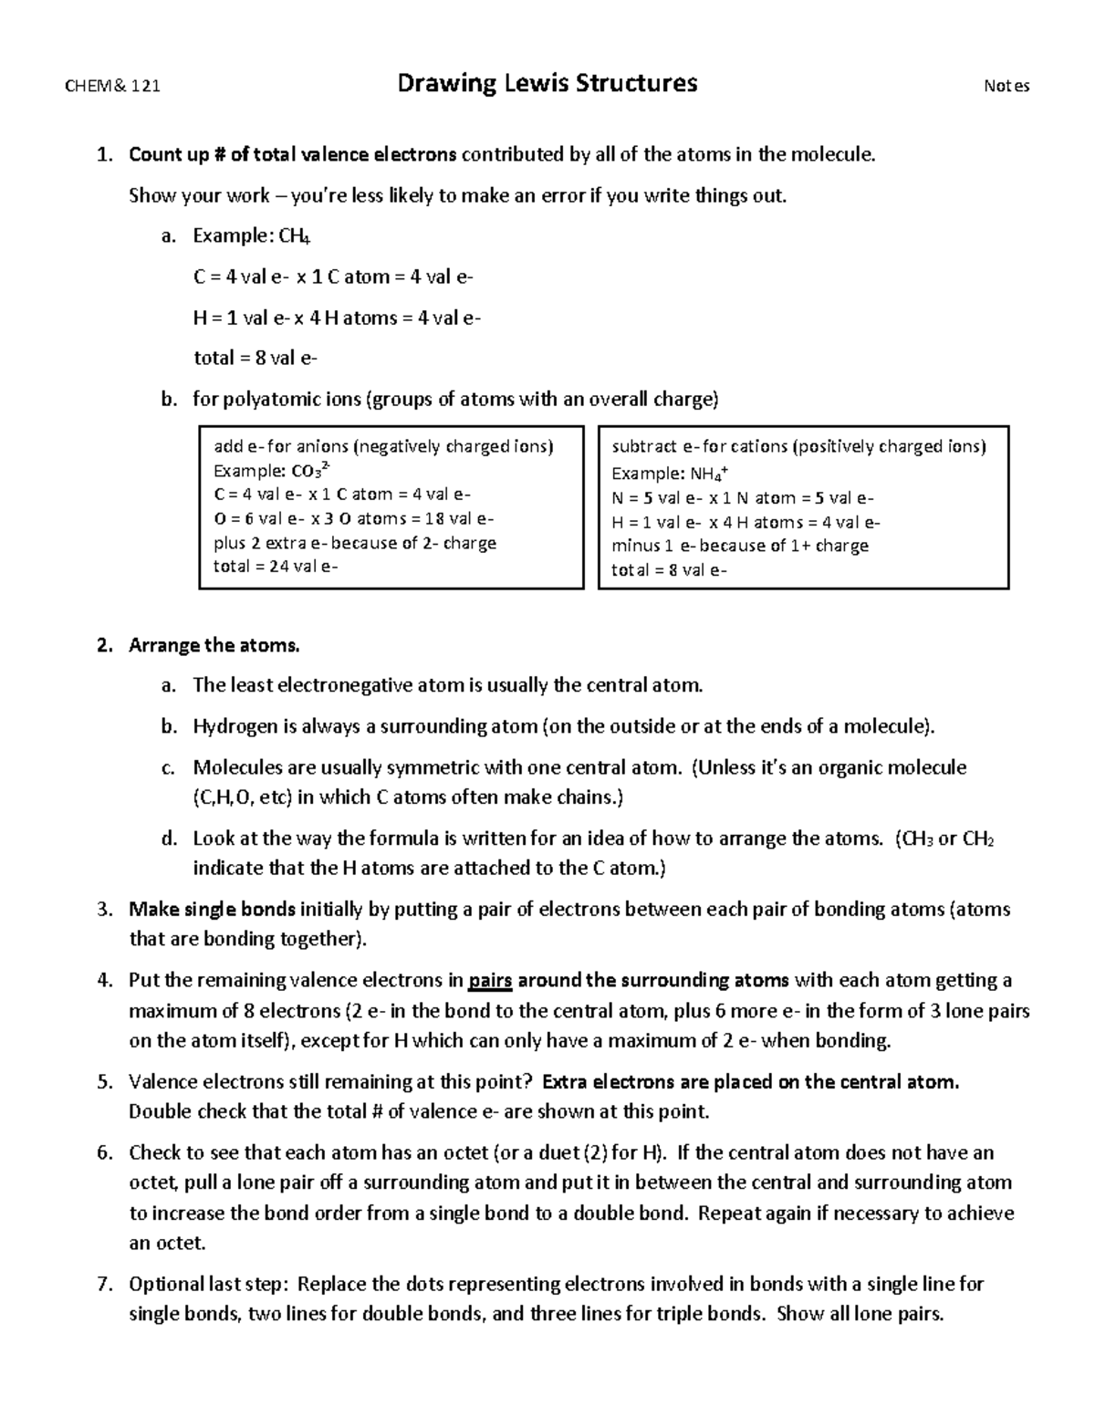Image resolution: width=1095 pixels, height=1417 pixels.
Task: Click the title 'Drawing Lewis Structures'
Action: (547, 84)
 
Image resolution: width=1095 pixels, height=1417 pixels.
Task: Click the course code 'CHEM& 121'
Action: (112, 87)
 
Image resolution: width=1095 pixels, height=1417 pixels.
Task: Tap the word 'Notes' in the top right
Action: (1006, 87)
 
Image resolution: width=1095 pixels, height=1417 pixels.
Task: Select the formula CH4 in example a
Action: (295, 237)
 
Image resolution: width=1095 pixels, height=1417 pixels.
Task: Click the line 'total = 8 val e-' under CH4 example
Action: (255, 359)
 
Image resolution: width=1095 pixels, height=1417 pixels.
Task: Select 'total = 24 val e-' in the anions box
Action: (275, 567)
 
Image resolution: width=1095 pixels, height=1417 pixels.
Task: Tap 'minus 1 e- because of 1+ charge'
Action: (739, 546)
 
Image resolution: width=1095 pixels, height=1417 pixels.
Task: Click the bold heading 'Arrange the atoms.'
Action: (214, 646)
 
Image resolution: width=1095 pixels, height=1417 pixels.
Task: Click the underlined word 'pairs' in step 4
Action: (490, 981)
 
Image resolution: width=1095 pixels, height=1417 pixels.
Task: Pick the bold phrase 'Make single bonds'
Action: (212, 910)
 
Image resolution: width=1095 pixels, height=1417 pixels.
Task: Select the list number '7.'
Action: (105, 1285)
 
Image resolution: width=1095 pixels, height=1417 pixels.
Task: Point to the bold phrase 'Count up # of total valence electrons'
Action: (293, 154)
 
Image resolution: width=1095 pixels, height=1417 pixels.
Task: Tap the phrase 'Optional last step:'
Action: (209, 1285)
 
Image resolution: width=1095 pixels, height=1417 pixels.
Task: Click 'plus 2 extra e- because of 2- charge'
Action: (355, 543)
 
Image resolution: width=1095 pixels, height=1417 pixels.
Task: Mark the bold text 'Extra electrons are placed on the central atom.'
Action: (750, 1082)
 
